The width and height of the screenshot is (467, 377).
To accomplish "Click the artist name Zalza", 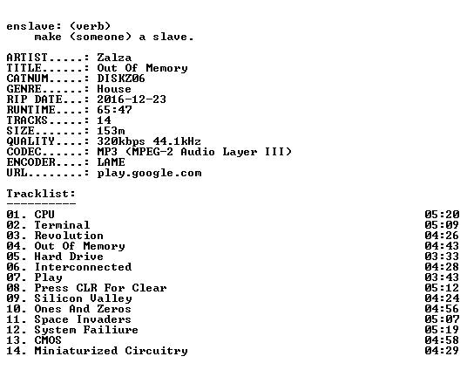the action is (x=114, y=58).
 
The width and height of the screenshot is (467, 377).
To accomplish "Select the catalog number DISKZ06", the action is (x=121, y=79).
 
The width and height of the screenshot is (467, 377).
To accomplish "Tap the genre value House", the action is (x=114, y=89).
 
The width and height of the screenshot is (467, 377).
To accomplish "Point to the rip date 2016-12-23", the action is (x=132, y=99).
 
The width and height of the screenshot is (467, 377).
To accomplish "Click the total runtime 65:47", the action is (x=114, y=110).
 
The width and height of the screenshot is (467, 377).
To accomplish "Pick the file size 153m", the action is (x=111, y=131).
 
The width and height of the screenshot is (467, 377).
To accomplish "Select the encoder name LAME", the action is (x=111, y=162).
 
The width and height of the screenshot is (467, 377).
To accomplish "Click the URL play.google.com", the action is (x=149, y=174).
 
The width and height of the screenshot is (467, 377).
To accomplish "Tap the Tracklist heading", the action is (x=41, y=194).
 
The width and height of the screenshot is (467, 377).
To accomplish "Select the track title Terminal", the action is (x=62, y=225).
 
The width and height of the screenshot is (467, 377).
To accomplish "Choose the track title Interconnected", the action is (x=83, y=267).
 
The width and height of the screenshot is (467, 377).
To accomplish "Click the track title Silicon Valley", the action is (x=83, y=298).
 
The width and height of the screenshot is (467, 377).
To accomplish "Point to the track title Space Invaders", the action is (x=83, y=319).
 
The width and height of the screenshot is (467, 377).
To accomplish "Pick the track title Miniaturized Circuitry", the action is (x=112, y=351).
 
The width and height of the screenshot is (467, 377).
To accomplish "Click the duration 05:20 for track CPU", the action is (x=442, y=215).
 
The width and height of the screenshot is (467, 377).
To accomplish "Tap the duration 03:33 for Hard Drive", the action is (x=442, y=257).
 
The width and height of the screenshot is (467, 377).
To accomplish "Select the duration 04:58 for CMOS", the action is (x=442, y=340).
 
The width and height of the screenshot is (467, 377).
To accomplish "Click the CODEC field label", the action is (x=24, y=152).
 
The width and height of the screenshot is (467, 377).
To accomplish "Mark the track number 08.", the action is (x=13, y=288).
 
